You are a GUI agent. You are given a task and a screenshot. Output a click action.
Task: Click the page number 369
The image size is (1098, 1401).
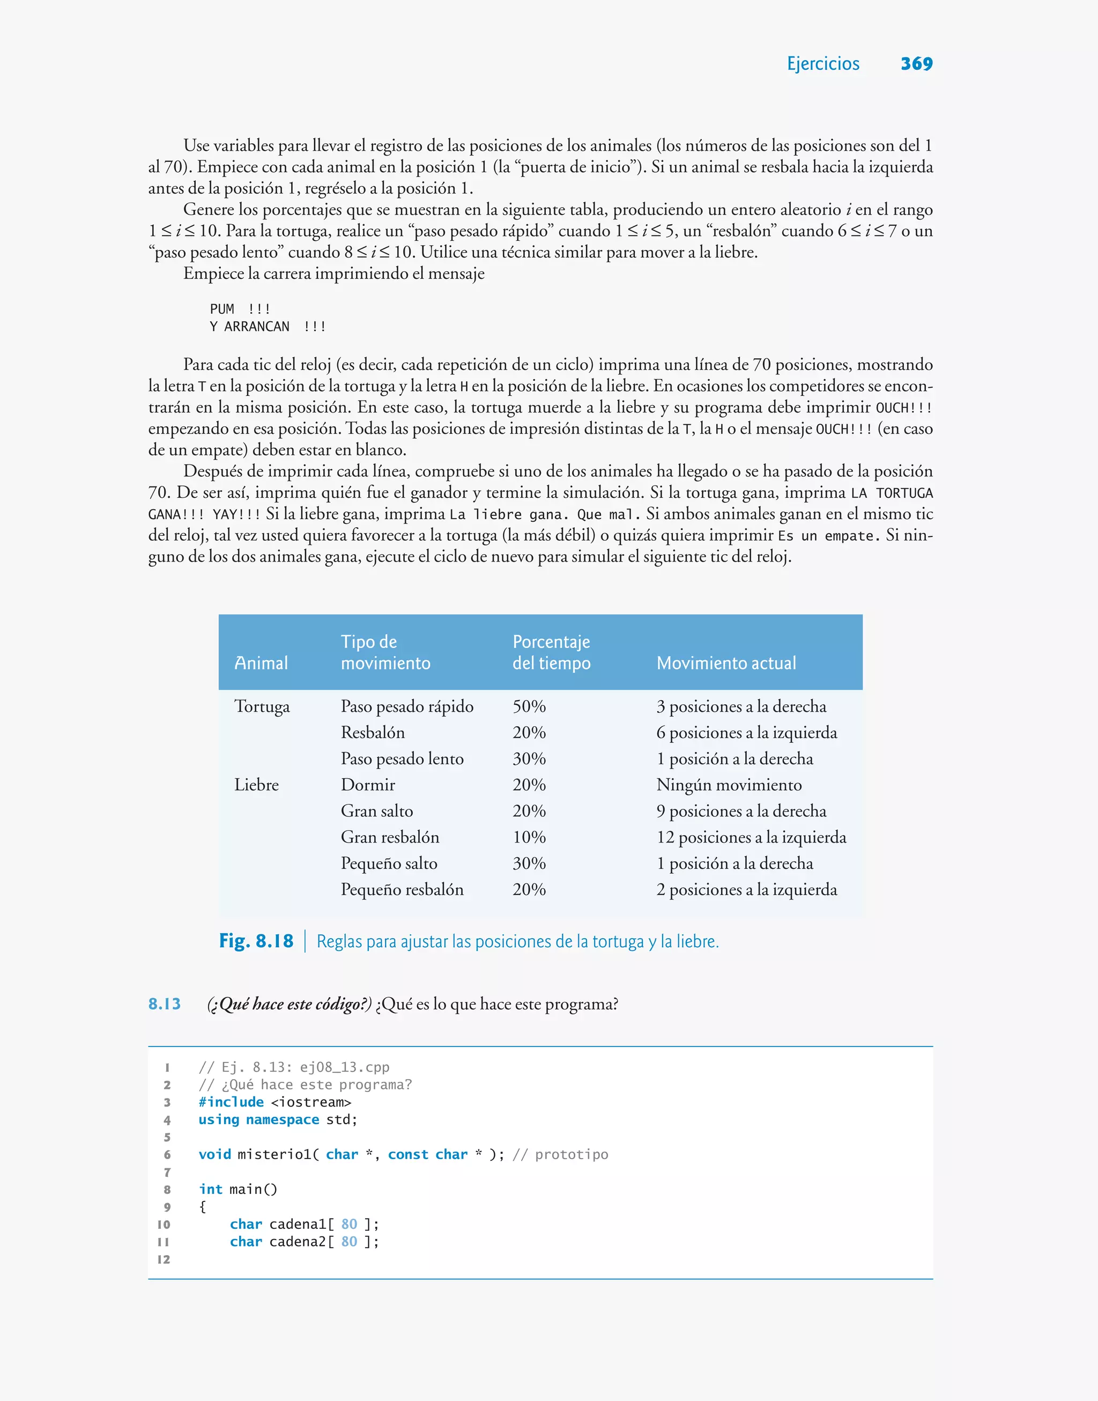[916, 64]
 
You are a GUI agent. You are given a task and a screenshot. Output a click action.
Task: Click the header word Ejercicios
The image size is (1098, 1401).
[823, 64]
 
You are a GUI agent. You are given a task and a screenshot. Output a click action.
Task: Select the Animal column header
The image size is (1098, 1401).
[261, 663]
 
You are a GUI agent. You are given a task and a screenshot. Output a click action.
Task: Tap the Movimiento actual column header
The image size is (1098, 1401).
[726, 663]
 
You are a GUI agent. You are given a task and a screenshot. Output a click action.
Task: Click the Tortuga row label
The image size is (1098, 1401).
[262, 706]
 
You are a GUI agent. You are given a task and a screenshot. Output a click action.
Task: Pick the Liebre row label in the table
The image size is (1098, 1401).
[256, 785]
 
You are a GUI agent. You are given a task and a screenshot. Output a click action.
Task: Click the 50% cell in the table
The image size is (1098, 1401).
[529, 706]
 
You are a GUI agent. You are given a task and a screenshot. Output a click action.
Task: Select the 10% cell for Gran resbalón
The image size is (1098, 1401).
[529, 837]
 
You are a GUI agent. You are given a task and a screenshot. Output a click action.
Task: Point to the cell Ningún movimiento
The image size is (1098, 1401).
[729, 785]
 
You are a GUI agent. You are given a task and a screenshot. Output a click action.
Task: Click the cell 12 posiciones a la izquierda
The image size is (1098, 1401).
[751, 837]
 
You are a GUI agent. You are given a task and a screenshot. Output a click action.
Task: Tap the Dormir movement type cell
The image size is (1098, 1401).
[368, 785]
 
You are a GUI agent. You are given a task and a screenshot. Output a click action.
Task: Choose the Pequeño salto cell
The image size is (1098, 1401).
[389, 864]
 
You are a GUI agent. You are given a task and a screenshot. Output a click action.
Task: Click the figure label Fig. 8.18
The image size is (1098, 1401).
[256, 941]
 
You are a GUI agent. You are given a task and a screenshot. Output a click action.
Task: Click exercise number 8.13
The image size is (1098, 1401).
[165, 1004]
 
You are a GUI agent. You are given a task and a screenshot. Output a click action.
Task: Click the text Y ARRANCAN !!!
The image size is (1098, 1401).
[268, 327]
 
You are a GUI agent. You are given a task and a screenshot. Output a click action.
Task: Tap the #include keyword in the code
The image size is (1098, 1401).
[231, 1102]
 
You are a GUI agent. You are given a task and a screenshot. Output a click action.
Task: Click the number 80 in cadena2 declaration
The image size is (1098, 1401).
[349, 1242]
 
